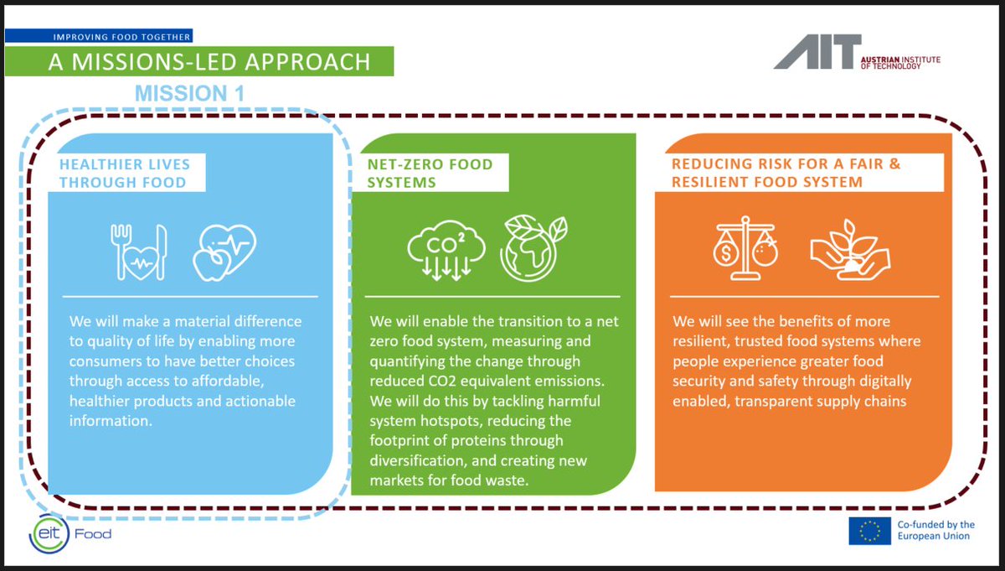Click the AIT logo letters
817,52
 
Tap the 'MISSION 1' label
189,93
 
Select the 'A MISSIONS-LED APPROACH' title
209,62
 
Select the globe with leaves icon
533,249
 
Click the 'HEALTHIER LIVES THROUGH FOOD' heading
125,173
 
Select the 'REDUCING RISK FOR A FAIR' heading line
786,164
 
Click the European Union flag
869,531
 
